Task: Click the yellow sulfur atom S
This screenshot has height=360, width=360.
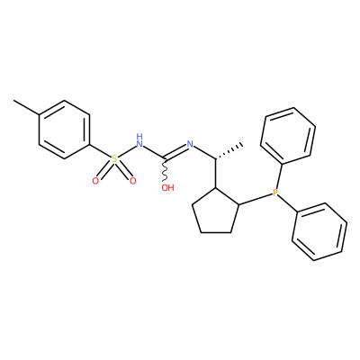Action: coord(114,158)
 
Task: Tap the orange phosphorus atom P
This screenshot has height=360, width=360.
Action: coord(275,193)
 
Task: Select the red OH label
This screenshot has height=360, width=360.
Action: coord(167,188)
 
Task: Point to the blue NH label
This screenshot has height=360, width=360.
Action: coord(139,140)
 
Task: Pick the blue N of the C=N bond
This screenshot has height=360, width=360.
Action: coord(190,144)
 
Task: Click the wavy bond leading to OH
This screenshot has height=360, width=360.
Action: coord(165,170)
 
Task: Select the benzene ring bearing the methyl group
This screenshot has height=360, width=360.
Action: coord(65,130)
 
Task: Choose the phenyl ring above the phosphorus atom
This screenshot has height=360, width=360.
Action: coord(288,136)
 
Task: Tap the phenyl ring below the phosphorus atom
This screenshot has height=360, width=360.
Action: coord(319,231)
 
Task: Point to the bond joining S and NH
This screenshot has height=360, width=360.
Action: coord(127,151)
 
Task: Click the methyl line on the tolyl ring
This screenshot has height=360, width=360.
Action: coord(26,107)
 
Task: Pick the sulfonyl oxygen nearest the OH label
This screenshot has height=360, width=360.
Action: coord(132,181)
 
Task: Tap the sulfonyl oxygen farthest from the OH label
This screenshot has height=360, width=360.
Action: coord(95,181)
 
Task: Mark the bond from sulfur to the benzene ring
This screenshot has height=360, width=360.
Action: coord(100,151)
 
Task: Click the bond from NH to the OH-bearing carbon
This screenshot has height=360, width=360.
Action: coord(154,152)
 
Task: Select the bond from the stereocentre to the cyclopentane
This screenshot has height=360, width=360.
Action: coord(215,174)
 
